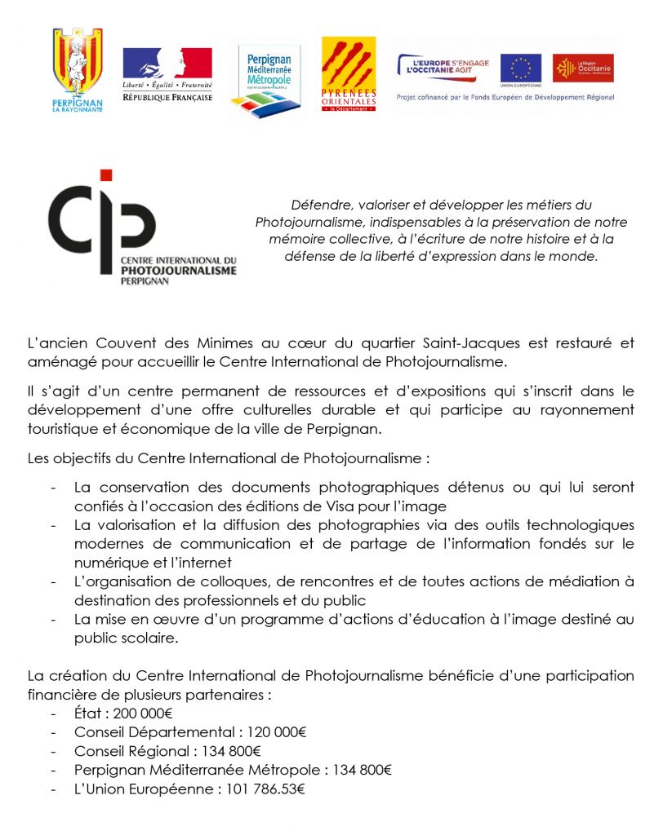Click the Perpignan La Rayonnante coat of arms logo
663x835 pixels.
(x=78, y=68)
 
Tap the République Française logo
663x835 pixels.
(x=167, y=74)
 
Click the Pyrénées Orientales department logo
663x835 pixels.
(x=349, y=74)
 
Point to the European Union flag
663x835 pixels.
(x=520, y=68)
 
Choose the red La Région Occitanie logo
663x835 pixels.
(x=583, y=68)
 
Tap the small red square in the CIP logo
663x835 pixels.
(x=105, y=175)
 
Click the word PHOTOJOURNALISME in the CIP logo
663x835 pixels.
(x=178, y=270)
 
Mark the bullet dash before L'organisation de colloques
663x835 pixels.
(x=54, y=582)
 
